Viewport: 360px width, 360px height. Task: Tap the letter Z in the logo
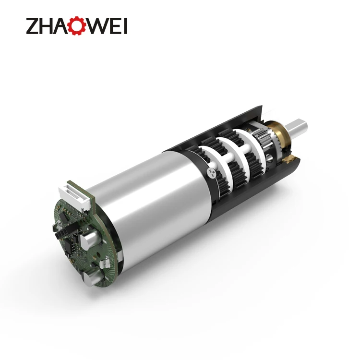pos(33,26)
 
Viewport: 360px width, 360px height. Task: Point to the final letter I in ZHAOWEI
pos(125,26)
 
